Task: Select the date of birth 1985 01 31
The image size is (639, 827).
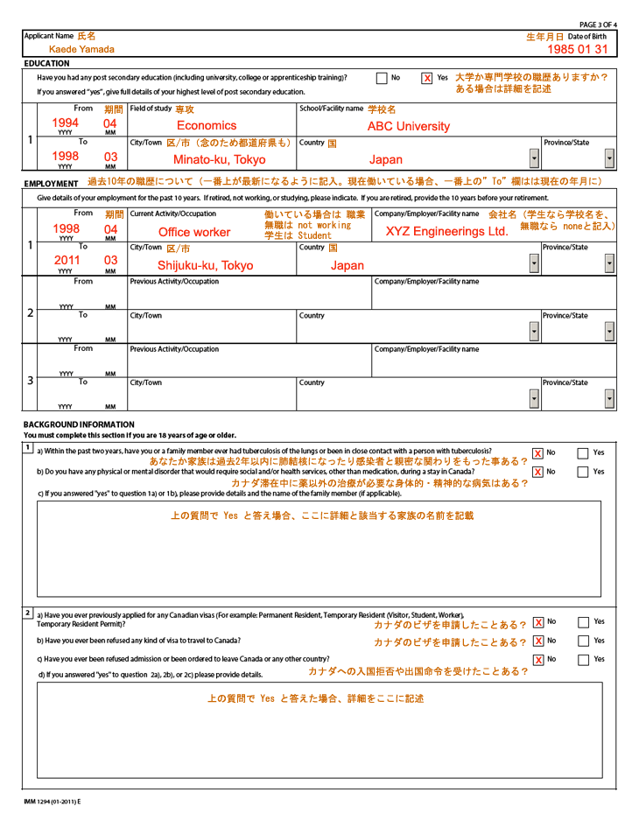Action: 584,49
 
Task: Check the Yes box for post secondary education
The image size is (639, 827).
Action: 426,78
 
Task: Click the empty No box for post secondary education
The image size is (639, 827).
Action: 381,78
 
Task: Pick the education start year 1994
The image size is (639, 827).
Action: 67,123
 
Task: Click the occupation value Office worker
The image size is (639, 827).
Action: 194,232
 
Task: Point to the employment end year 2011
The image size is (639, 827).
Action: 67,260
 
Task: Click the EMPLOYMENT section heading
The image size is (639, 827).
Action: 52,184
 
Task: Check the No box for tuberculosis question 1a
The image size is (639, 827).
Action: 538,452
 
